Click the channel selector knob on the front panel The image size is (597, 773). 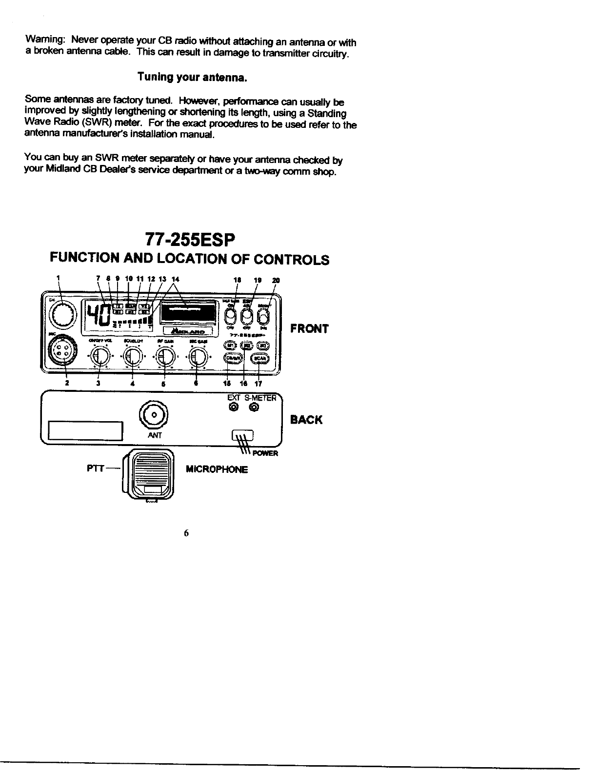63,314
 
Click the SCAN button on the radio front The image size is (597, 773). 259,359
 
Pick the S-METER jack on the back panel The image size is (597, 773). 254,407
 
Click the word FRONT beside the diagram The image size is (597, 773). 309,329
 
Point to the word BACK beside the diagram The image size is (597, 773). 306,420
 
